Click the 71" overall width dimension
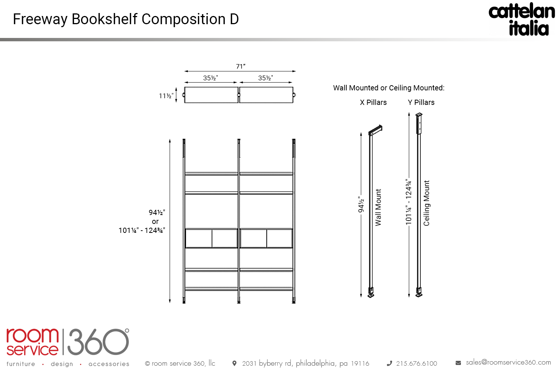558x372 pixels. click(x=241, y=66)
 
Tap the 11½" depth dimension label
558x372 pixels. click(x=166, y=96)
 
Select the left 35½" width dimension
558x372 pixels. click(x=211, y=78)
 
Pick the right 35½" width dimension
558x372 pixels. click(x=266, y=78)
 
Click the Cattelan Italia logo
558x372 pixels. click(x=522, y=19)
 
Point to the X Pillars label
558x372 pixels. click(x=373, y=102)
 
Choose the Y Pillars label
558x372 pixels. click(x=421, y=102)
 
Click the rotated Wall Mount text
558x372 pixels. click(x=378, y=208)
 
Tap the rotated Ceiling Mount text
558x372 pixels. click(x=426, y=203)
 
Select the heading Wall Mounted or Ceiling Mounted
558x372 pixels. click(x=389, y=88)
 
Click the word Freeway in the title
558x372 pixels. click(x=40, y=19)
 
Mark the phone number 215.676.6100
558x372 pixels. click(x=417, y=363)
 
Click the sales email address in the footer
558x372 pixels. click(x=509, y=363)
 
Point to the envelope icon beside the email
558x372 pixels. click(x=458, y=363)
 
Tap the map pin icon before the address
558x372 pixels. click(x=234, y=363)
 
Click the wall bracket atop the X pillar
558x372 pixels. click(x=375, y=130)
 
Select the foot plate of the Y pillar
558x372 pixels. click(x=419, y=295)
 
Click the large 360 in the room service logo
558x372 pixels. click(x=98, y=342)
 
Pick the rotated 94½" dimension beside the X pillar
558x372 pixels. click(x=361, y=205)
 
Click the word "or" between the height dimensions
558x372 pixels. click(x=155, y=221)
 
